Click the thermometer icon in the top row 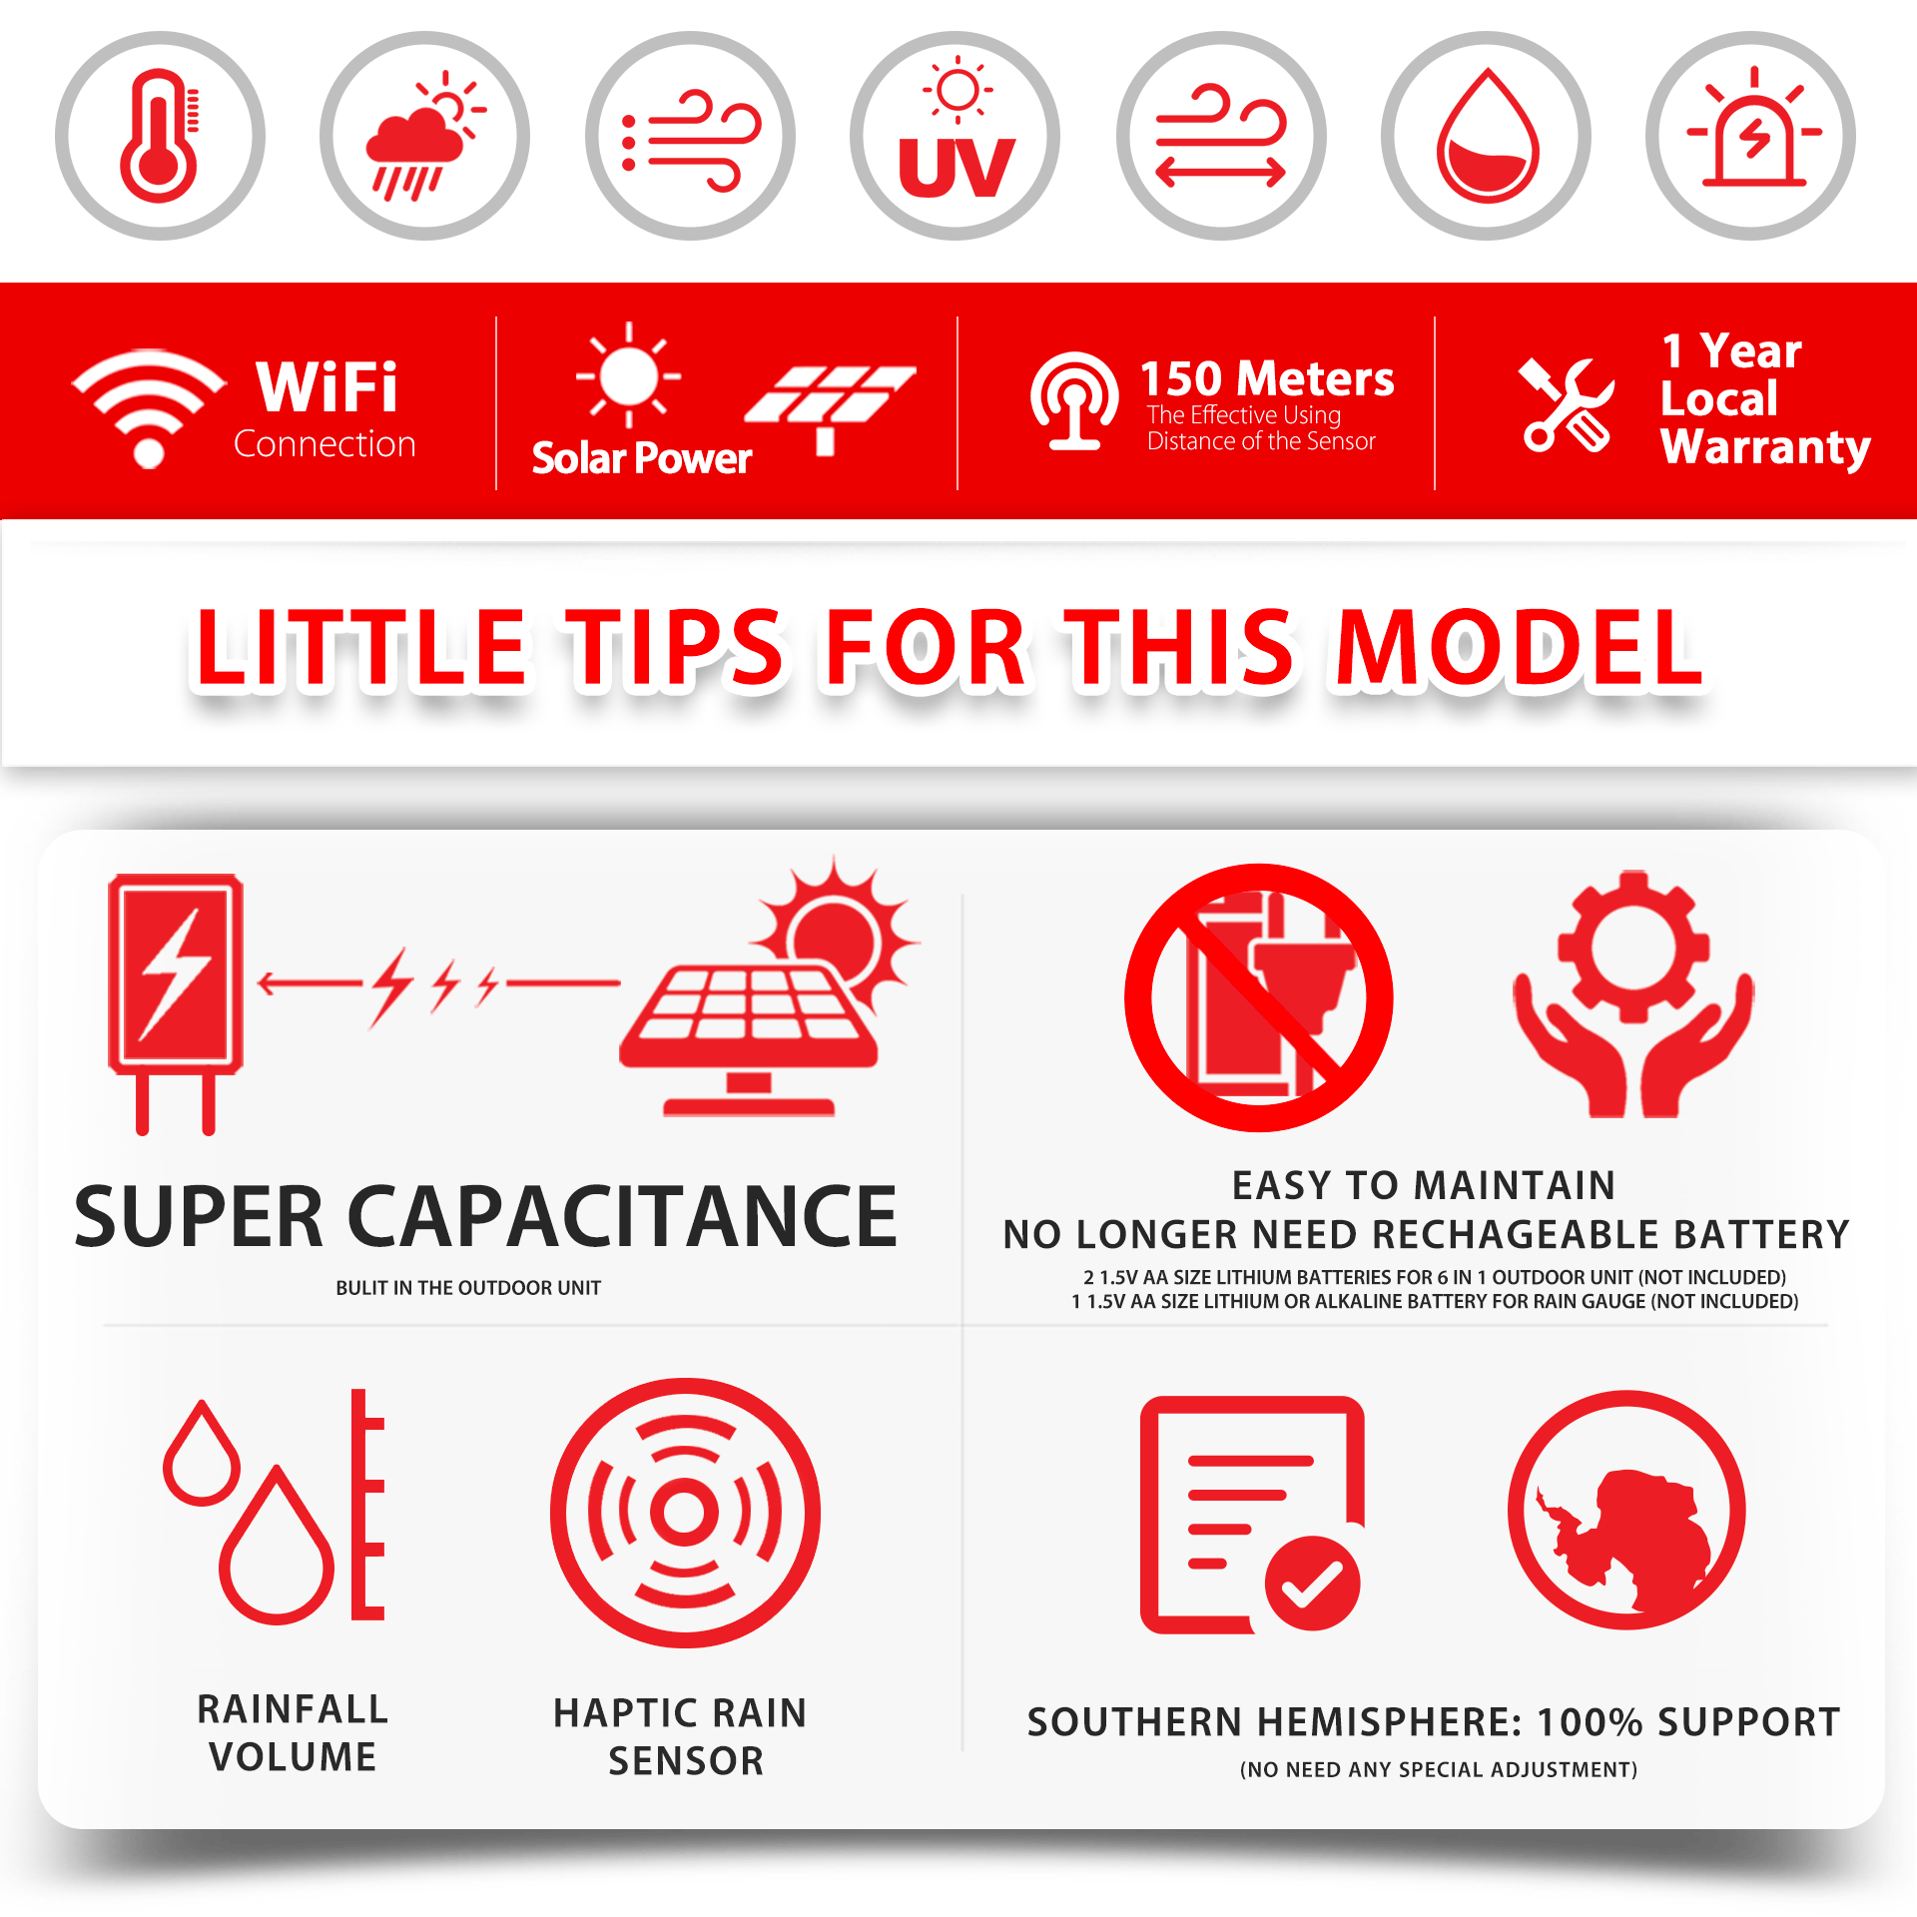[160, 136]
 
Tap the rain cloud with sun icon [424, 136]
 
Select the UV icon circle [956, 136]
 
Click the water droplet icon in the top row [1487, 136]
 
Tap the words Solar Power [641, 458]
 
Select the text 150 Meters [1267, 379]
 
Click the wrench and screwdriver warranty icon [1567, 404]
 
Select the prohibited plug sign [1259, 997]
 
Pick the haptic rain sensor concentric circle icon [685, 1513]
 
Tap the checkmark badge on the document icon [1312, 1583]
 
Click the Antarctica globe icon [1626, 1510]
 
